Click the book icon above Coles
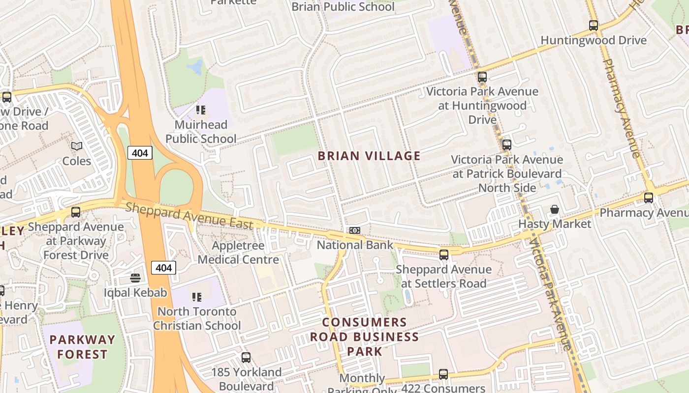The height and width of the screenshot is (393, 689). [x=76, y=146]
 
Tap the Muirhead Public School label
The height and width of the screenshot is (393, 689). [x=201, y=132]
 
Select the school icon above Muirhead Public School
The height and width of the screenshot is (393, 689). [x=200, y=110]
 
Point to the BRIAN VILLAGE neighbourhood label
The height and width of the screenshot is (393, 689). [x=369, y=156]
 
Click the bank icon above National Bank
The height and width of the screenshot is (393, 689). [x=355, y=230]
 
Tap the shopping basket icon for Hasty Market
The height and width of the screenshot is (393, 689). [x=555, y=210]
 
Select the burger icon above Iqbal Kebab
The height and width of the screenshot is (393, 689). [x=135, y=278]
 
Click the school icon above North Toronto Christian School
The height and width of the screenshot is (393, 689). [x=197, y=297]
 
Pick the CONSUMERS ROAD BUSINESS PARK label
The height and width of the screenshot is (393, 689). [x=364, y=337]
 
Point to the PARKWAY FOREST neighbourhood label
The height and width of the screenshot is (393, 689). [x=82, y=347]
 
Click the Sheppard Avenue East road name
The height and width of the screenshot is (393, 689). [x=189, y=216]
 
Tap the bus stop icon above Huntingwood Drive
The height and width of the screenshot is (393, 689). [x=594, y=26]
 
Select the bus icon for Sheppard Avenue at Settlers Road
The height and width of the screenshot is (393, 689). [x=444, y=254]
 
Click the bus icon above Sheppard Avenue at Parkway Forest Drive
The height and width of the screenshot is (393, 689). [x=76, y=212]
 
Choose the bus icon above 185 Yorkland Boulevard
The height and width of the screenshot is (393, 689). [x=246, y=358]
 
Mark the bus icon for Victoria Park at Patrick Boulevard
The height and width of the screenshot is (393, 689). [x=507, y=145]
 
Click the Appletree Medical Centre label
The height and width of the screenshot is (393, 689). [x=238, y=253]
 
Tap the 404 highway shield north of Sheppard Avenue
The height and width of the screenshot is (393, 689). [x=140, y=153]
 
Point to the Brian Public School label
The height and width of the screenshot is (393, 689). [x=343, y=7]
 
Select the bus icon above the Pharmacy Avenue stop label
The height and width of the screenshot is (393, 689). [x=649, y=198]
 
